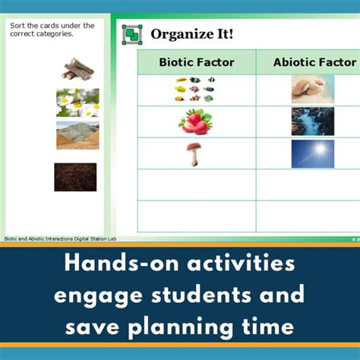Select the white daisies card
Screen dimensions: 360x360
click(x=77, y=103)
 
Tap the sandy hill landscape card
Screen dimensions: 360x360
click(x=77, y=135)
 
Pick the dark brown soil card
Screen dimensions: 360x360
click(x=75, y=177)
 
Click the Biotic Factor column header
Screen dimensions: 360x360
click(x=196, y=62)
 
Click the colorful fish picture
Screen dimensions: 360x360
click(x=194, y=89)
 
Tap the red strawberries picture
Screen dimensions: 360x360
click(x=196, y=122)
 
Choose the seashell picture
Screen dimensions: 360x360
click(x=312, y=89)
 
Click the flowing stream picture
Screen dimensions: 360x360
click(x=312, y=122)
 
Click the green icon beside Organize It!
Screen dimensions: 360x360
click(x=133, y=34)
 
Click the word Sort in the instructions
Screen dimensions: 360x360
click(x=18, y=26)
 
